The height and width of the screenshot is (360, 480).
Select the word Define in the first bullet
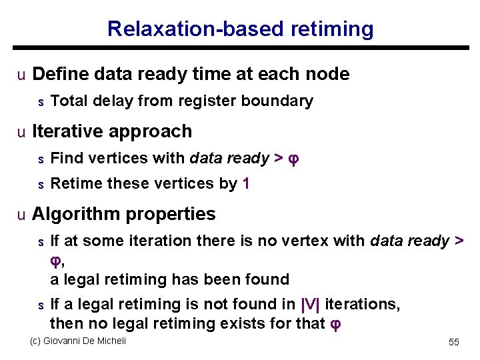(x=59, y=74)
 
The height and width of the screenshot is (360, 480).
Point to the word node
(x=327, y=74)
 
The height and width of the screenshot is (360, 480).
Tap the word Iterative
(x=71, y=131)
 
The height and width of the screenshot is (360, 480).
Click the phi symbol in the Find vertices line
(x=294, y=159)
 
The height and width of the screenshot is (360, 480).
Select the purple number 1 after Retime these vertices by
(x=247, y=183)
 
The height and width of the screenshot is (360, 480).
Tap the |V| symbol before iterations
(x=311, y=305)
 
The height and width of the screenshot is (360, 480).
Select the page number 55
(x=454, y=342)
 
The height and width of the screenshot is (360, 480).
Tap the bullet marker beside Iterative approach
(x=21, y=132)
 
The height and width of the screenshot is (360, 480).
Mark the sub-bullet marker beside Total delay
(x=40, y=102)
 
